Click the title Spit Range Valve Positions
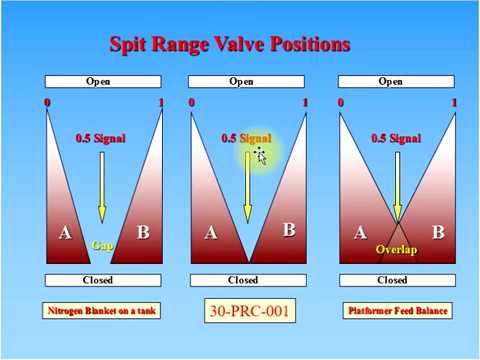coord(229,45)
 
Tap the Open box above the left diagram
coord(98,81)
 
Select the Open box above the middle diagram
coord(241,81)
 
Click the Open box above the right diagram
coord(390,81)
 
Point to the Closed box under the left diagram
coord(98,280)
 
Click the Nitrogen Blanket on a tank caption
coord(102,311)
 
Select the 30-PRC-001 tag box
coord(249,311)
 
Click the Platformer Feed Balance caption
coord(397,311)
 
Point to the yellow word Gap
coord(102,245)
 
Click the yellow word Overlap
coord(396,249)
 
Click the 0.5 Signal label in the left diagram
coord(100,138)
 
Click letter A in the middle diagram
coord(211,233)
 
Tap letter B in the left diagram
coord(143,232)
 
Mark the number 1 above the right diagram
coord(454,103)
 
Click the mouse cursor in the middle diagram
coord(260,155)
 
